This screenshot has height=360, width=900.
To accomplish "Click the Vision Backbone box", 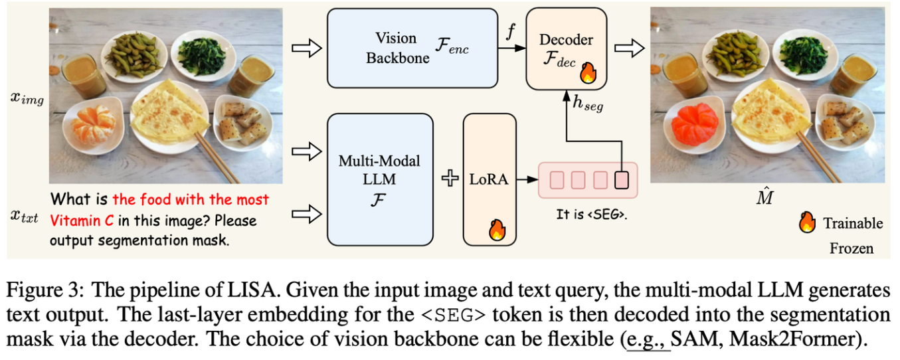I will click(x=412, y=48).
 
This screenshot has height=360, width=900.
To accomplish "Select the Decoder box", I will click(x=567, y=48).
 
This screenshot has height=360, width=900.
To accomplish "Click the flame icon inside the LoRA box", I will click(x=497, y=229).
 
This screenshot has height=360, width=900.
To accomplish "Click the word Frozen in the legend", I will click(x=851, y=249).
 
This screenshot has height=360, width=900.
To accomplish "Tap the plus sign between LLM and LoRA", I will click(x=450, y=179).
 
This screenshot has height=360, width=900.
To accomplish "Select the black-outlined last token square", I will click(x=621, y=179).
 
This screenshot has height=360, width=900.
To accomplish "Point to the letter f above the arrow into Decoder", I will click(x=510, y=32).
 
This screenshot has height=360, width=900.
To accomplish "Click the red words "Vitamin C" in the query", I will click(x=80, y=220).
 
